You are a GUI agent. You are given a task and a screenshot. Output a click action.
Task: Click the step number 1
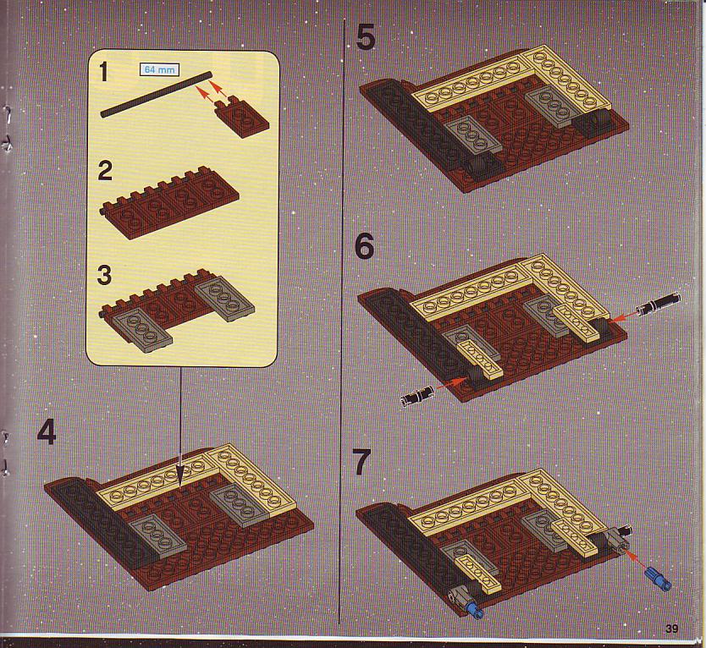[103, 72]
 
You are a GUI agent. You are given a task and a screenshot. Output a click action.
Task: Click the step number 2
[105, 172]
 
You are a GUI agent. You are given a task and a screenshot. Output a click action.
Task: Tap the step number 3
[104, 275]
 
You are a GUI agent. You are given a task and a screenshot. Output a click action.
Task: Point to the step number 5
[365, 37]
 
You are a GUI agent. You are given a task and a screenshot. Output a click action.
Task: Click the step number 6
[364, 247]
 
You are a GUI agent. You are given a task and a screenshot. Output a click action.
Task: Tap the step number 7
[362, 462]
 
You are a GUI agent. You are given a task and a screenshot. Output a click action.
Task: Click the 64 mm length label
[159, 69]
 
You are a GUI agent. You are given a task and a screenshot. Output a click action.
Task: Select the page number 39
[671, 629]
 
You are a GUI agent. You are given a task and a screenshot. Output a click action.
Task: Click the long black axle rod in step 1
[157, 94]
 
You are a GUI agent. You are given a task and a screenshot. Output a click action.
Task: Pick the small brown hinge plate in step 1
[243, 117]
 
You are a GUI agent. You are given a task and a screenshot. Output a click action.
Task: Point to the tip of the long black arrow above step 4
[181, 486]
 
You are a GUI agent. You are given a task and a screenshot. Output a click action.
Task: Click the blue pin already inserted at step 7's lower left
[475, 610]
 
